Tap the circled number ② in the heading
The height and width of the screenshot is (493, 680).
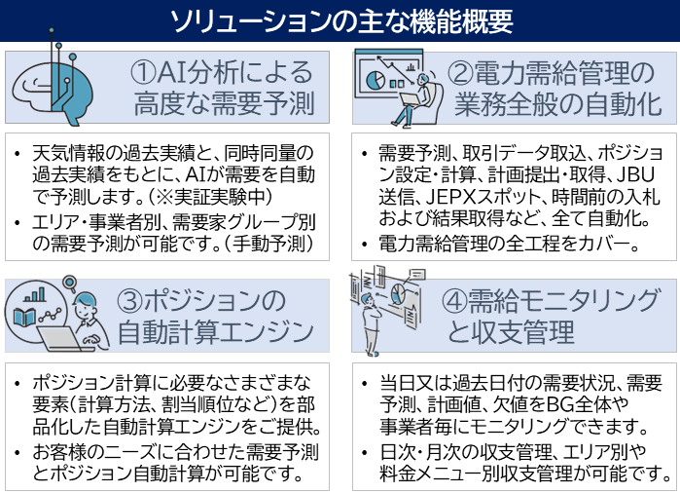[x=461, y=73]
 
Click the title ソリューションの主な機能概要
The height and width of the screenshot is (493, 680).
[x=340, y=20]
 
